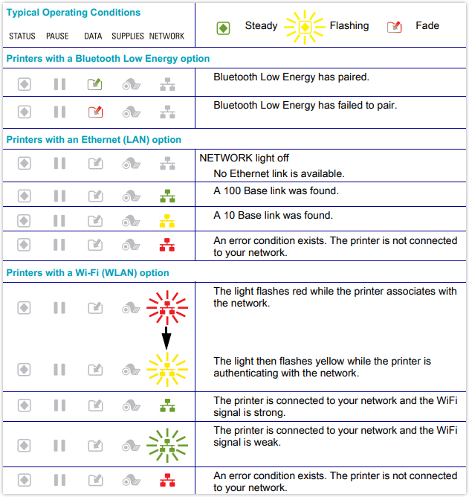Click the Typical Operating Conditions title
click(73, 13)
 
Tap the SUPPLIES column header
click(128, 36)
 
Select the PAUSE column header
click(57, 36)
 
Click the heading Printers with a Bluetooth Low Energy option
click(108, 58)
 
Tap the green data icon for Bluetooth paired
click(94, 84)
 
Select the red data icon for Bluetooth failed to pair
click(94, 112)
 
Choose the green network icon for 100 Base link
click(167, 196)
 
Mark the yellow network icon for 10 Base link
click(167, 221)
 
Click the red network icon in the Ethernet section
click(167, 244)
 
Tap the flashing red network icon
click(167, 305)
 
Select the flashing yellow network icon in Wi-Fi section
click(167, 367)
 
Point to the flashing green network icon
click(167, 445)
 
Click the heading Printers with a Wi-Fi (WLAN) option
click(88, 273)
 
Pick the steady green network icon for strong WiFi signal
click(167, 405)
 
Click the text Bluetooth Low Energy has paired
click(291, 77)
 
